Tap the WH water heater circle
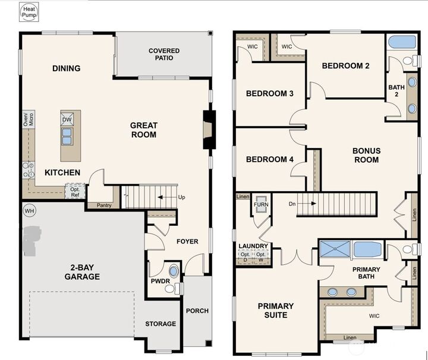point(29,210)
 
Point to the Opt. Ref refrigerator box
point(75,191)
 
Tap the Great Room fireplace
point(207,130)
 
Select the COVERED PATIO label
point(163,55)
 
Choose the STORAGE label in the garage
point(160,324)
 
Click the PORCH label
point(197,311)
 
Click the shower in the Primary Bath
point(336,250)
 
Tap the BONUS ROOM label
point(366,155)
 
